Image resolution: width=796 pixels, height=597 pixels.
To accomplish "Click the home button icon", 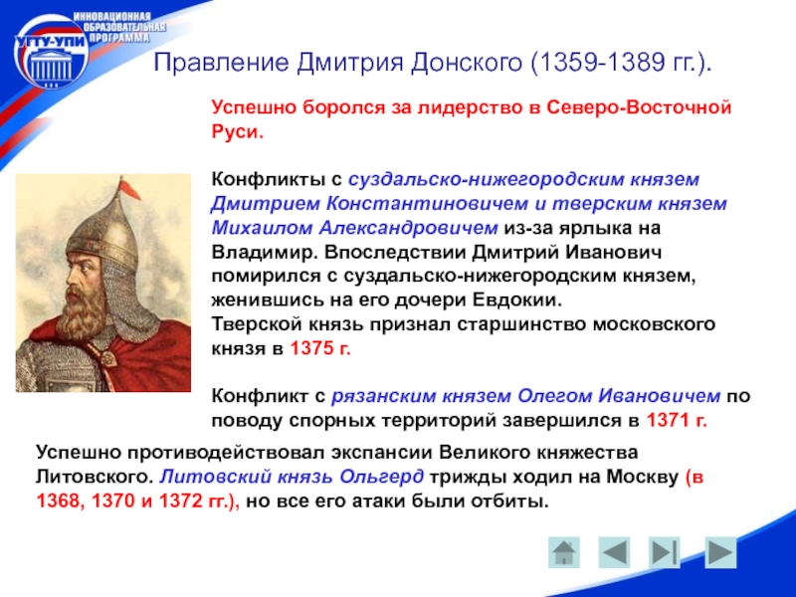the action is pos(564,552).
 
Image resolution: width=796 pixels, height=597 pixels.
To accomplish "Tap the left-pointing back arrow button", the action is pos(614,552).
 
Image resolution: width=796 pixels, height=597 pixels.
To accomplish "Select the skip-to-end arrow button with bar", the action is pos(665,552).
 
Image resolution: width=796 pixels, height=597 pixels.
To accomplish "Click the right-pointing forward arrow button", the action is pos(720,552).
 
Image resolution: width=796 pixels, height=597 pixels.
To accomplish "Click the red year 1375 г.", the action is pos(320,349).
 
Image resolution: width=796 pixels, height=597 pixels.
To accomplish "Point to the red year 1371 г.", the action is pos(677,421).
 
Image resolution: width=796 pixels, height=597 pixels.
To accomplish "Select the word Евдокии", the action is pos(517,300).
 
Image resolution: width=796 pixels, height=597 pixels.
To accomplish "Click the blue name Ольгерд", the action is pos(381,478).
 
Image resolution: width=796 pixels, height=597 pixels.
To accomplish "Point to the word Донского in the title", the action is pos(467,63).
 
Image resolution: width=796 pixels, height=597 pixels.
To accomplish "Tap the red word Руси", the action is pos(238,132).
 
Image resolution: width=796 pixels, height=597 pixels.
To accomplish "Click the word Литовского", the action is pos(95,478).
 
